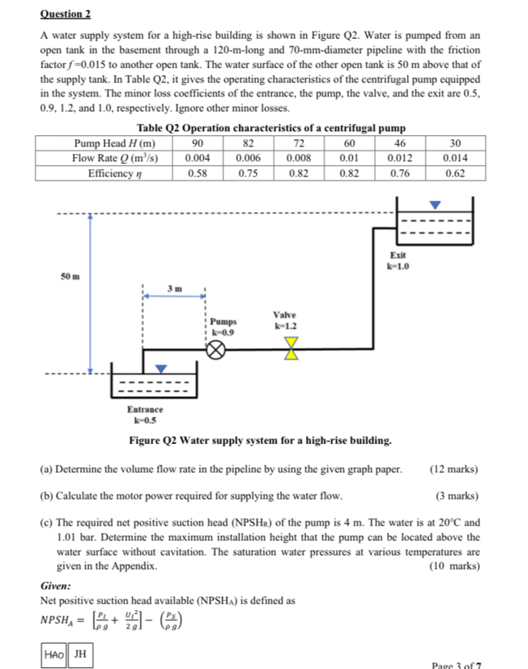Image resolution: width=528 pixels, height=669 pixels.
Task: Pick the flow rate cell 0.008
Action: [x=300, y=158]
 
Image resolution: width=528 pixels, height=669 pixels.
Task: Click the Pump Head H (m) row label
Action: [x=108, y=143]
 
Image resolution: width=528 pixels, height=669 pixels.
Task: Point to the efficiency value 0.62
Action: [x=457, y=173]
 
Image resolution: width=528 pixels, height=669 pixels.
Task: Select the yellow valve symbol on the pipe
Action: [x=291, y=348]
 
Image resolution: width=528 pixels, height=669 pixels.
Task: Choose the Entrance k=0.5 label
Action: [x=146, y=415]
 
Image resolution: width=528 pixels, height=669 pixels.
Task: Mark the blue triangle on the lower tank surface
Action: [x=162, y=369]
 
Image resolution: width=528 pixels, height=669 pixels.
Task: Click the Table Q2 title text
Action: [x=270, y=128]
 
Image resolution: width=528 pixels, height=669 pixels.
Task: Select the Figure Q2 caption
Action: [x=261, y=441]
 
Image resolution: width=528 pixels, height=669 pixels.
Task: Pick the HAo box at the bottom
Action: [x=55, y=653]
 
